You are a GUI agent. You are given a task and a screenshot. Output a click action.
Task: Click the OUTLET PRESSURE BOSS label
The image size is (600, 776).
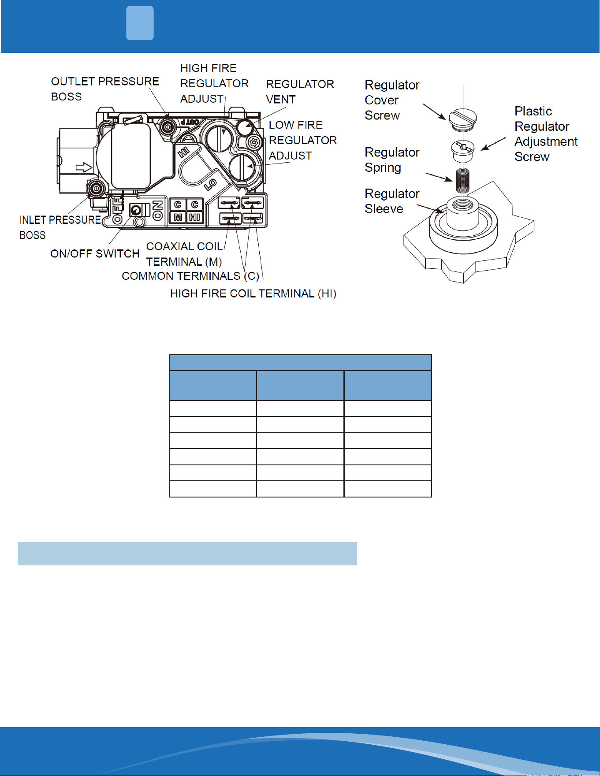pyautogui.click(x=105, y=89)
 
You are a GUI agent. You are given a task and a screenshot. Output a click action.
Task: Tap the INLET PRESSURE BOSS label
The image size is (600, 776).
pyautogui.click(x=60, y=227)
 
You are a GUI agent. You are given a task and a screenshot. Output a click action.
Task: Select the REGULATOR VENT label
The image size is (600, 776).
pyautogui.click(x=300, y=92)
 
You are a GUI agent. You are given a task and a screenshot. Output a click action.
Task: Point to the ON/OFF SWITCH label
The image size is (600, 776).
pyautogui.click(x=95, y=254)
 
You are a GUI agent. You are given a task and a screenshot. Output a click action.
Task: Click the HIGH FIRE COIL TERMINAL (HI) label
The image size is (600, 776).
pyautogui.click(x=253, y=294)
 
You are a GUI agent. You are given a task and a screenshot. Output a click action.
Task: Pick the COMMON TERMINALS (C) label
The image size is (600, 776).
pyautogui.click(x=190, y=276)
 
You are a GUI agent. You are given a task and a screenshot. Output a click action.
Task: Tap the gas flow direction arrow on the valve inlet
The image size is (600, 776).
pyautogui.click(x=84, y=167)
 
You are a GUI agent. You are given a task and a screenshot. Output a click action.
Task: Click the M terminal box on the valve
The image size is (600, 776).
pyautogui.click(x=178, y=217)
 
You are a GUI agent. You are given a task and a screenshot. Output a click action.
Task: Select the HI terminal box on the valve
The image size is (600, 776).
pyautogui.click(x=194, y=217)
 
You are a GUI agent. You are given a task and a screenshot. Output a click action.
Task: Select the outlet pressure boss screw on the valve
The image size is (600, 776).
pyautogui.click(x=167, y=128)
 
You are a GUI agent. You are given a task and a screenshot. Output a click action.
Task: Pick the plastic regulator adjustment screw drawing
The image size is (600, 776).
pyautogui.click(x=462, y=151)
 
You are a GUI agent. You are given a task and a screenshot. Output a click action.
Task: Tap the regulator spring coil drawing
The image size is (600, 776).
pyautogui.click(x=462, y=180)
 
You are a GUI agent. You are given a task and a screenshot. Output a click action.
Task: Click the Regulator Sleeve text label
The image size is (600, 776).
pyautogui.click(x=392, y=201)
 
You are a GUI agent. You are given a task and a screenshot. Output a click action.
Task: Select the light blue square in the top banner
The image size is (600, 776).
pyautogui.click(x=140, y=23)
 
